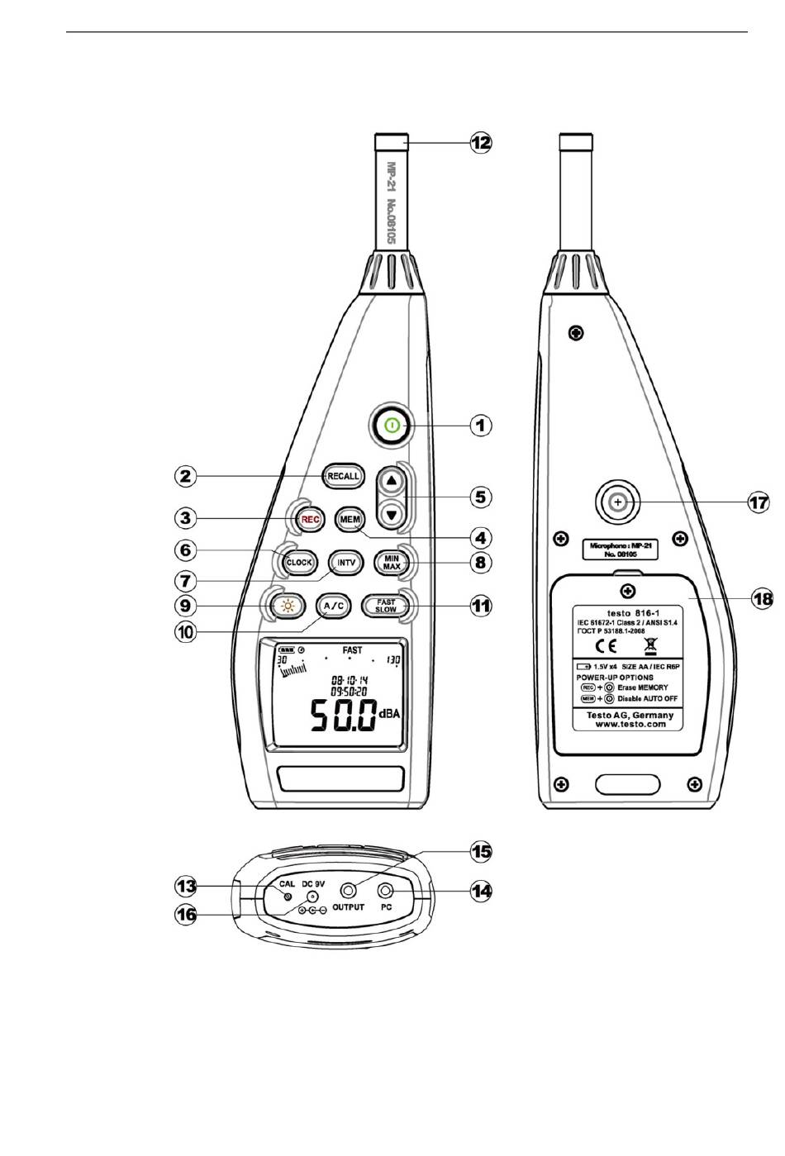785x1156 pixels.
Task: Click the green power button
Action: [392, 426]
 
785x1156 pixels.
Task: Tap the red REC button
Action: [309, 519]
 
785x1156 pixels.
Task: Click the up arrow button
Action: [392, 479]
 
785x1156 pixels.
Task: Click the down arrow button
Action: [392, 515]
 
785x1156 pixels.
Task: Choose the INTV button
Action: [347, 562]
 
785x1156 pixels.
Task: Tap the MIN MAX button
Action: [392, 562]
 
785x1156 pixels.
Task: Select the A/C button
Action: [335, 606]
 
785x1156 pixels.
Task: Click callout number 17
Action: [758, 501]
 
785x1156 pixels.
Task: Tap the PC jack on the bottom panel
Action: [385, 891]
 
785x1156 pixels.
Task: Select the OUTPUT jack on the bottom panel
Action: [349, 891]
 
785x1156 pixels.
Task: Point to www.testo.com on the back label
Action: [630, 723]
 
